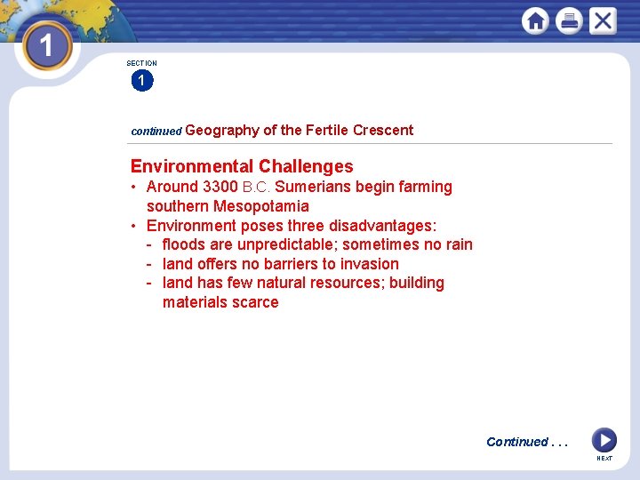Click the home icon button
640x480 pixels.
(x=535, y=20)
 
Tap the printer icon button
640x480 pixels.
(x=569, y=20)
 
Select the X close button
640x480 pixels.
(x=603, y=20)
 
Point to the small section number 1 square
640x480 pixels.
(x=141, y=81)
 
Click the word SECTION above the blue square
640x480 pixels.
(x=141, y=63)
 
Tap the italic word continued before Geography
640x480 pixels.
(x=156, y=131)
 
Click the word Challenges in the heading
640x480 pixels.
(x=306, y=166)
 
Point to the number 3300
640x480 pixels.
(x=220, y=187)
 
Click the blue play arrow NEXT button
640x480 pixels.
(x=604, y=439)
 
